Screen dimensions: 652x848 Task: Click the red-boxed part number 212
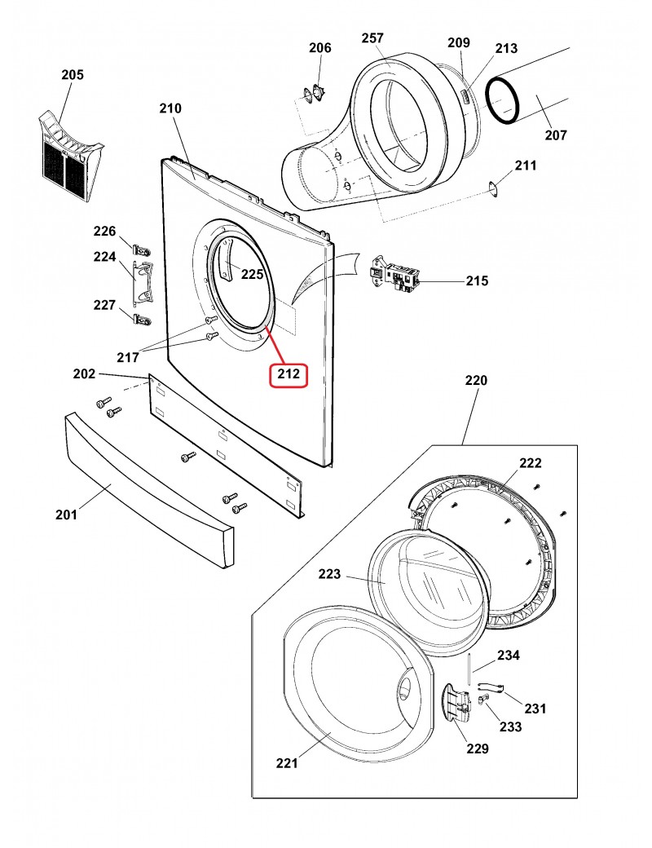tap(289, 374)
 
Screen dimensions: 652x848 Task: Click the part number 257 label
tap(372, 38)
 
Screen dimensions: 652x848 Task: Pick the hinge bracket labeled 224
tap(143, 281)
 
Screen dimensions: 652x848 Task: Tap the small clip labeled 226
tap(142, 250)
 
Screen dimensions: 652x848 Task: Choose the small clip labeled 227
tap(142, 319)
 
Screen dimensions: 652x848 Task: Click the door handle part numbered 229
tap(456, 703)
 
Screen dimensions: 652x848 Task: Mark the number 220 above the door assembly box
tap(476, 380)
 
